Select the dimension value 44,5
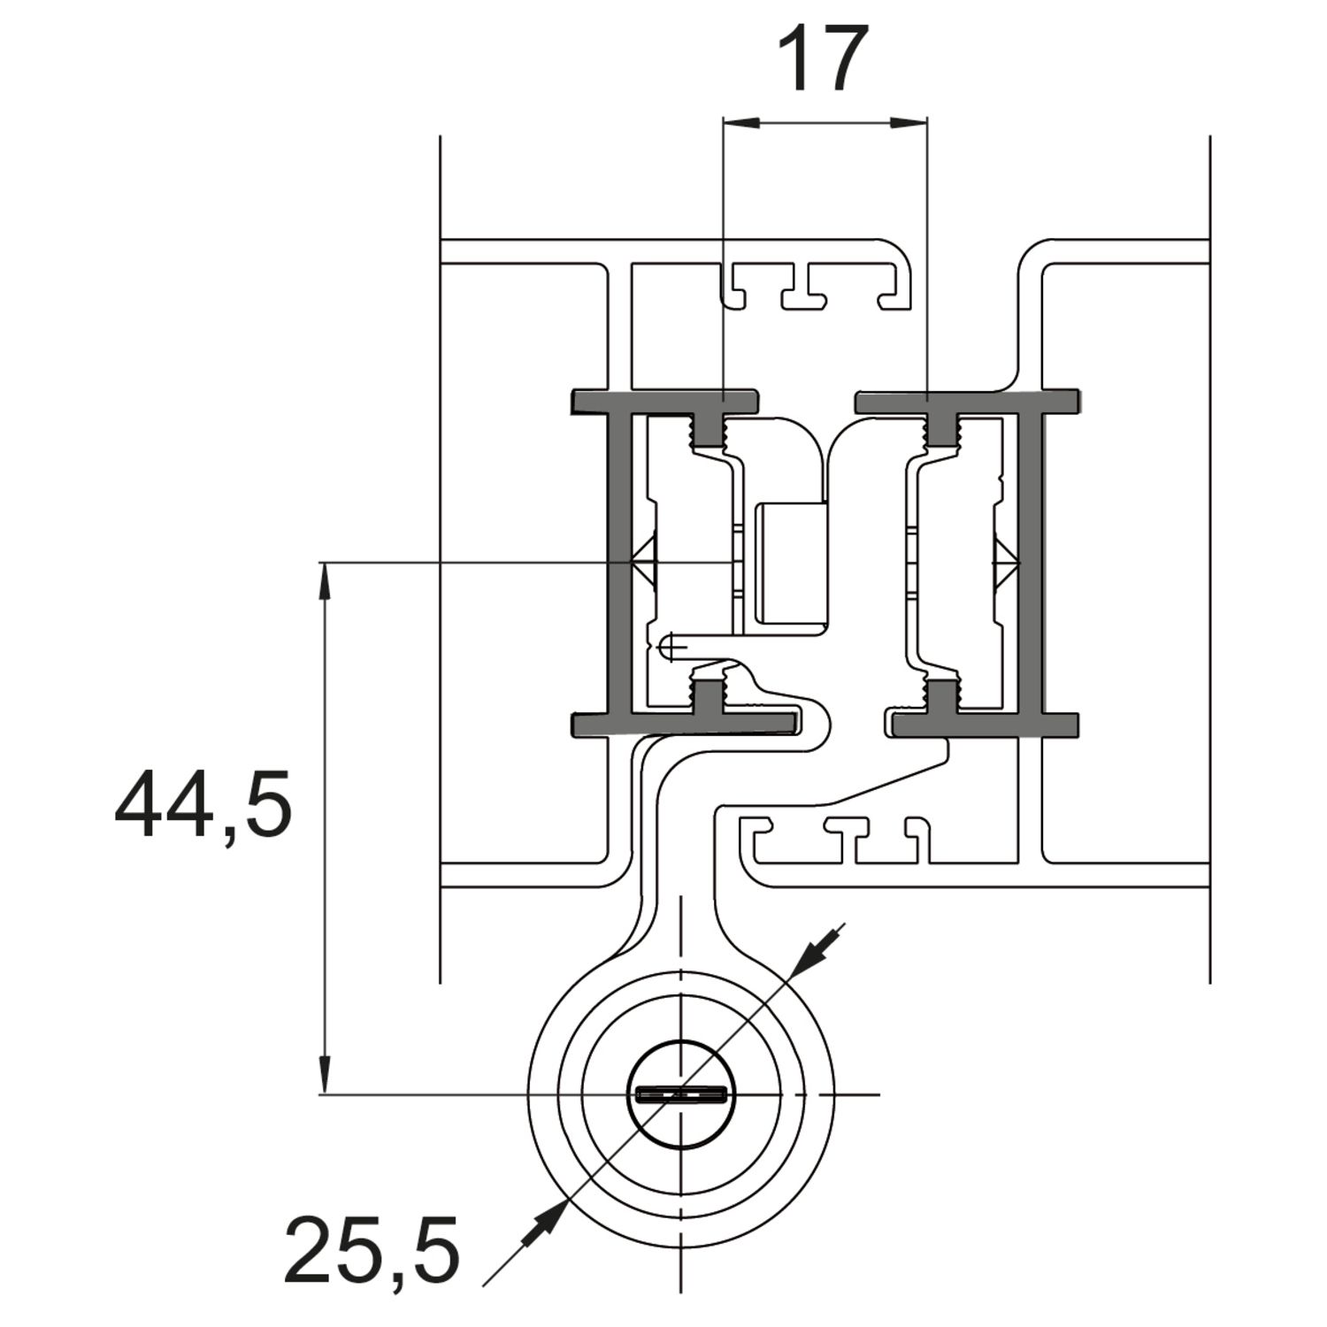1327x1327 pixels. click(203, 805)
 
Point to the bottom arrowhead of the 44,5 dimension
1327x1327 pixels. click(326, 1075)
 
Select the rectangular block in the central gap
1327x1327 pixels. click(789, 563)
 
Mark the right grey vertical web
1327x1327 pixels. click(1030, 563)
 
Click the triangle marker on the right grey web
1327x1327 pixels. click(1007, 563)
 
